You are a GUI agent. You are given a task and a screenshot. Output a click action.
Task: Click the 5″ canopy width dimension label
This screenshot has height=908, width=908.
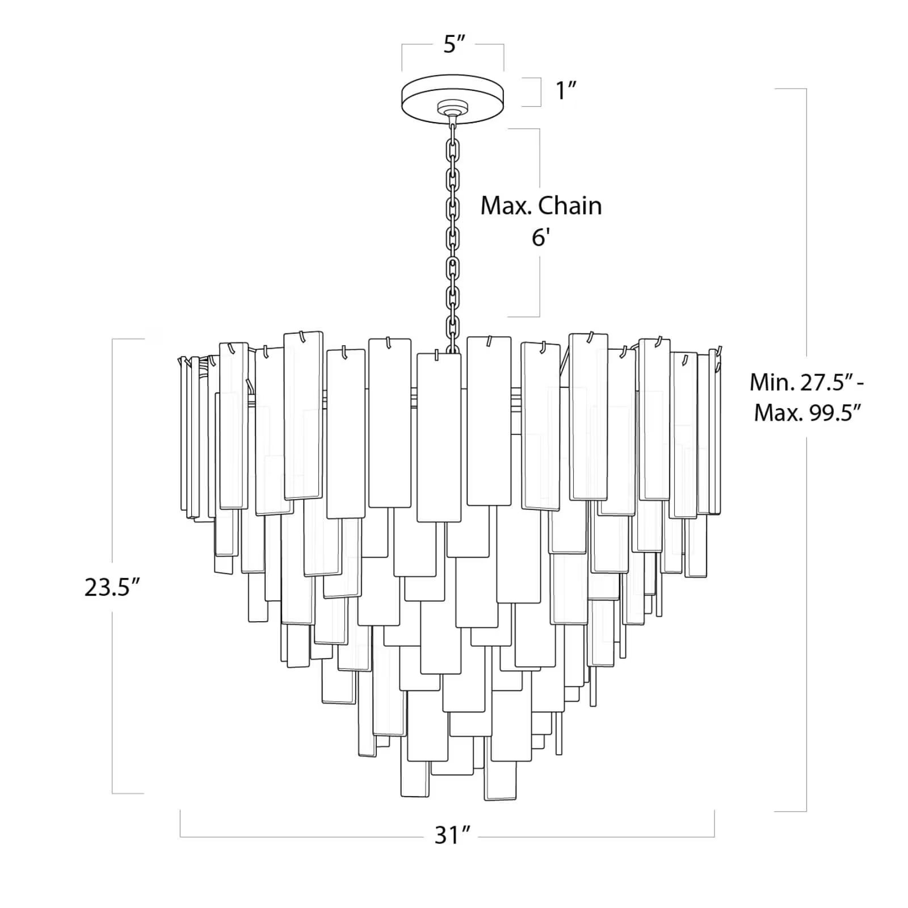pos(453,44)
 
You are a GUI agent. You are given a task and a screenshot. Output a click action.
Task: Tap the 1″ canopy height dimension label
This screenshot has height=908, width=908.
pos(566,91)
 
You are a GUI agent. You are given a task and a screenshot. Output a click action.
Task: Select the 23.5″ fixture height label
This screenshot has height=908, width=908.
pos(112,587)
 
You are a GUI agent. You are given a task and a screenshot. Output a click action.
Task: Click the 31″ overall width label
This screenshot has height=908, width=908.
pos(452,835)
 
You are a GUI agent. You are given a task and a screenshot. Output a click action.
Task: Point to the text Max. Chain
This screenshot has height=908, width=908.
pos(541,206)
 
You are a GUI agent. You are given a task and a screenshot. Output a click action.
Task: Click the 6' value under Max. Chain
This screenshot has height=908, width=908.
pos(539,237)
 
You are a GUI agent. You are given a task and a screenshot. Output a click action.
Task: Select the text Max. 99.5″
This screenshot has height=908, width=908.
pos(808,413)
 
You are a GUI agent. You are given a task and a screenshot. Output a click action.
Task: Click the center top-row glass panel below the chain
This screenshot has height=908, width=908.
pos(439,437)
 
